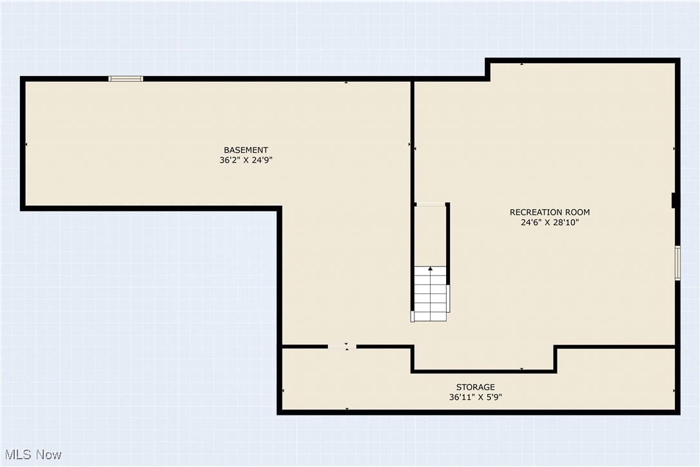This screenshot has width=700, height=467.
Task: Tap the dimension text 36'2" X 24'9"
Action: pos(246,161)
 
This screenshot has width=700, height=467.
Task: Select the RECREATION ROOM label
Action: pos(549,212)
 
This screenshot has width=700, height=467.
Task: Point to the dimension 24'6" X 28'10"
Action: pos(549,223)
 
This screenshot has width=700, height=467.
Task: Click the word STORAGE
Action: pos(475,387)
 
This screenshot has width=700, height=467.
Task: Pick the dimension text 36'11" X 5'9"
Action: pos(475,397)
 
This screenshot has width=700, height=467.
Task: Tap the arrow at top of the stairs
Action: pos(430,268)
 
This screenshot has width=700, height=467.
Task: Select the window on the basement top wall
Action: pos(126,79)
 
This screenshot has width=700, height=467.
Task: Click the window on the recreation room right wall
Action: pos(677,263)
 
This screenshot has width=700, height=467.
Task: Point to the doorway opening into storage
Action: pos(342,347)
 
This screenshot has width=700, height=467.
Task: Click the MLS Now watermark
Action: pos(32,455)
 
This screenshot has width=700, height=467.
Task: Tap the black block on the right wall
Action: pos(674,201)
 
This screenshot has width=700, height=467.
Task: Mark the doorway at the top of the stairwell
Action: pos(430,204)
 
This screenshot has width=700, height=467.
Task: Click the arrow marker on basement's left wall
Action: pos(26,144)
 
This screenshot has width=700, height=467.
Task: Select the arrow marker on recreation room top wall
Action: pos(521,64)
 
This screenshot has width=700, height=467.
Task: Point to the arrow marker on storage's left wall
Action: pos(284,391)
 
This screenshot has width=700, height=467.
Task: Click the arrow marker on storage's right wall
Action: pos(674,391)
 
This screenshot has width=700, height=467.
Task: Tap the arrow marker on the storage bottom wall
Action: pos(347,409)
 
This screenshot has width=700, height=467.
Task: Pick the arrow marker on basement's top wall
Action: pos(346,82)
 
